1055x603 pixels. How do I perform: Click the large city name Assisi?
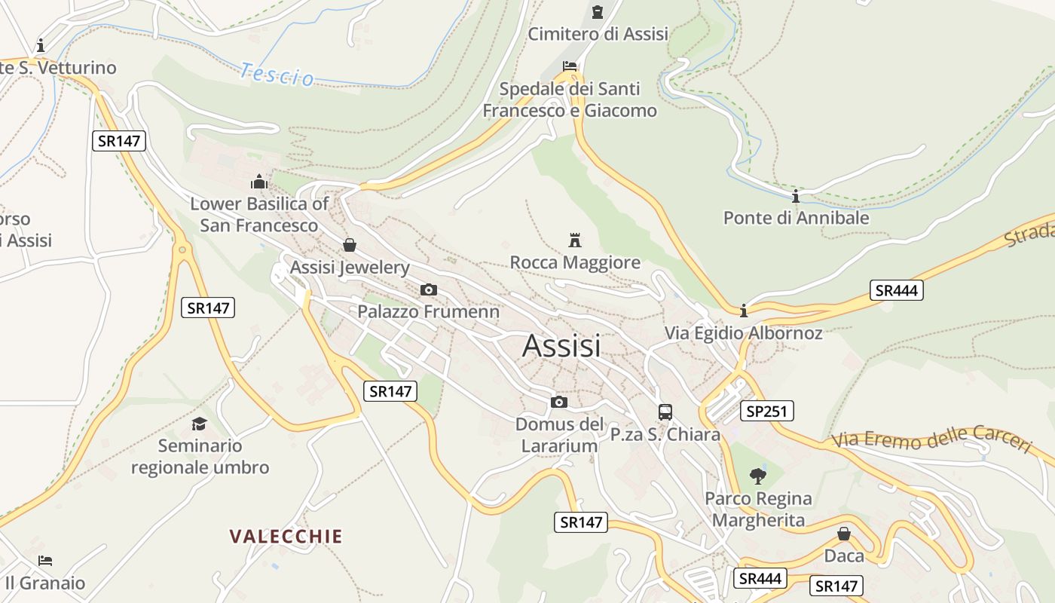point(561,346)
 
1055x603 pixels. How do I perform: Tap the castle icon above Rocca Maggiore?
point(575,240)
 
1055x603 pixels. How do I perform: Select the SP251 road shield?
point(767,411)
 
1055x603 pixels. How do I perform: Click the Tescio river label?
point(277,75)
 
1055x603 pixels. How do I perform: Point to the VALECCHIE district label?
point(286,537)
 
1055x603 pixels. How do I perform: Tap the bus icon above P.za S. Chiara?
point(665,412)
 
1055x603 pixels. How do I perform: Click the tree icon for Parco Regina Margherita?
point(758,476)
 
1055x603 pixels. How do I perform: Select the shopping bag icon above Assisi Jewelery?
point(349,245)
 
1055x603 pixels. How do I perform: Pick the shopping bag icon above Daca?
point(844,534)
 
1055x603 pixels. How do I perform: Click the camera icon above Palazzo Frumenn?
point(428,289)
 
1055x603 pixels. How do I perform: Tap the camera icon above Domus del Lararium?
point(558,402)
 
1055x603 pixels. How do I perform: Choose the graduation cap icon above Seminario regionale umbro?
point(199,424)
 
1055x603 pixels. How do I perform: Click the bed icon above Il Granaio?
point(45,561)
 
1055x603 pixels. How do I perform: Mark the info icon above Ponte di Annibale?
point(796,197)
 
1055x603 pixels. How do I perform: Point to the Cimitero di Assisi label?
point(598,34)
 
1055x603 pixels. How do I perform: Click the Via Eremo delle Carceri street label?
point(931,439)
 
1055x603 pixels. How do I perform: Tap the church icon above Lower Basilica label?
point(259,182)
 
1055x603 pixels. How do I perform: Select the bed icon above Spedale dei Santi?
point(570,67)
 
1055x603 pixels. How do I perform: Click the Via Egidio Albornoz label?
point(743,332)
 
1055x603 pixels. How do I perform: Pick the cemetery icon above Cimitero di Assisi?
point(598,12)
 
